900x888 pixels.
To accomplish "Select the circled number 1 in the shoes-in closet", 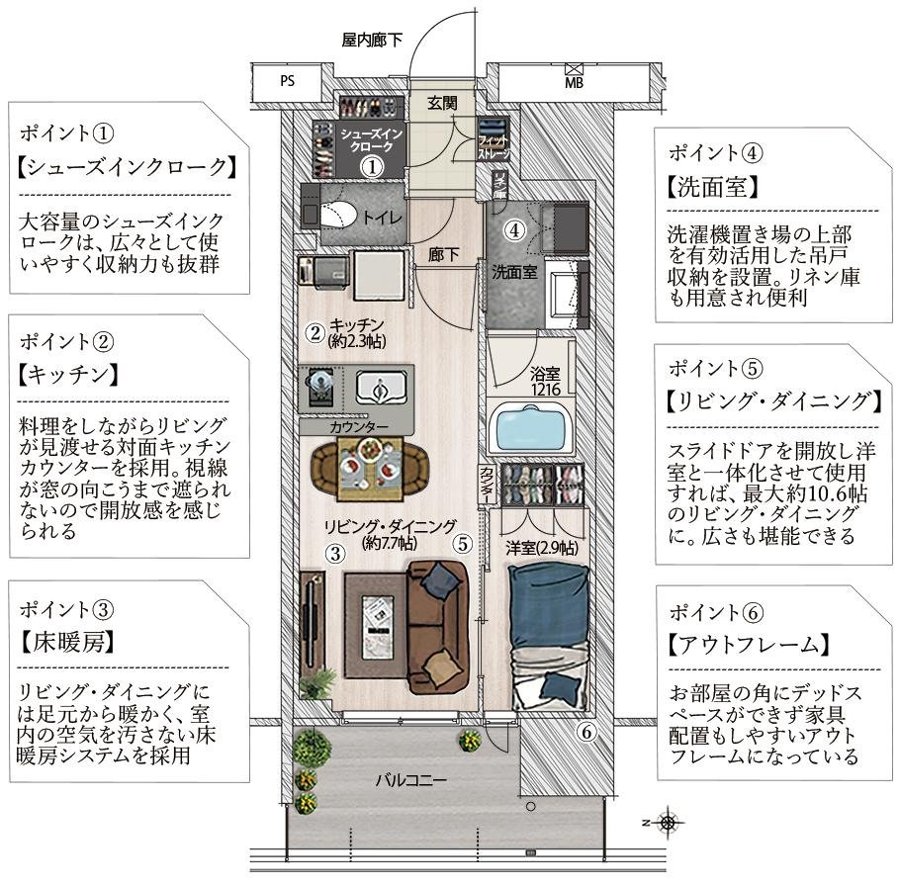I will tap(370, 167).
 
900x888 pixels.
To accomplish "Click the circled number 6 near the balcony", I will tap(585, 733).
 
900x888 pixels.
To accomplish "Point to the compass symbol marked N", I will tap(669, 821).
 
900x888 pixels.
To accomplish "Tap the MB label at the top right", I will tap(574, 83).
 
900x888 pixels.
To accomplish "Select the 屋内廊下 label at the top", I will tap(373, 41).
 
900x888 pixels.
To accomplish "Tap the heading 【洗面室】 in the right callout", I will tap(713, 186).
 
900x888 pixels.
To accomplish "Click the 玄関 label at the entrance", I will tap(443, 102).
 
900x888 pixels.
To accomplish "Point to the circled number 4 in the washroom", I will tap(513, 230).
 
